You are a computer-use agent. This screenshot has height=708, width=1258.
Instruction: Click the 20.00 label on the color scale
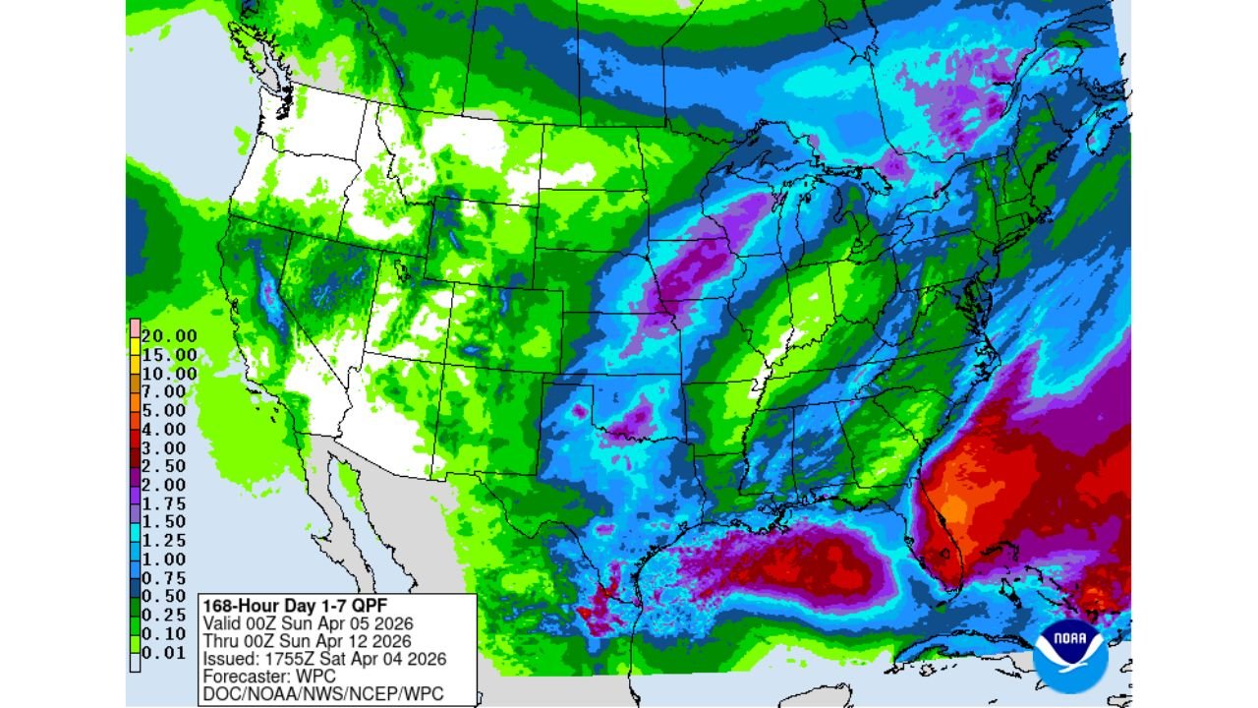click(171, 335)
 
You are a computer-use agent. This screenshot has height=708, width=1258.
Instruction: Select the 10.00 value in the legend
click(171, 373)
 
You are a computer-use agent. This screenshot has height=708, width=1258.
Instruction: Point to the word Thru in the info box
click(220, 641)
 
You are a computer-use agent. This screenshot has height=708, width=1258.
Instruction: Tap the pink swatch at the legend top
click(134, 326)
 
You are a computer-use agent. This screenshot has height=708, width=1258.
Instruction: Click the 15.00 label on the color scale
click(171, 354)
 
